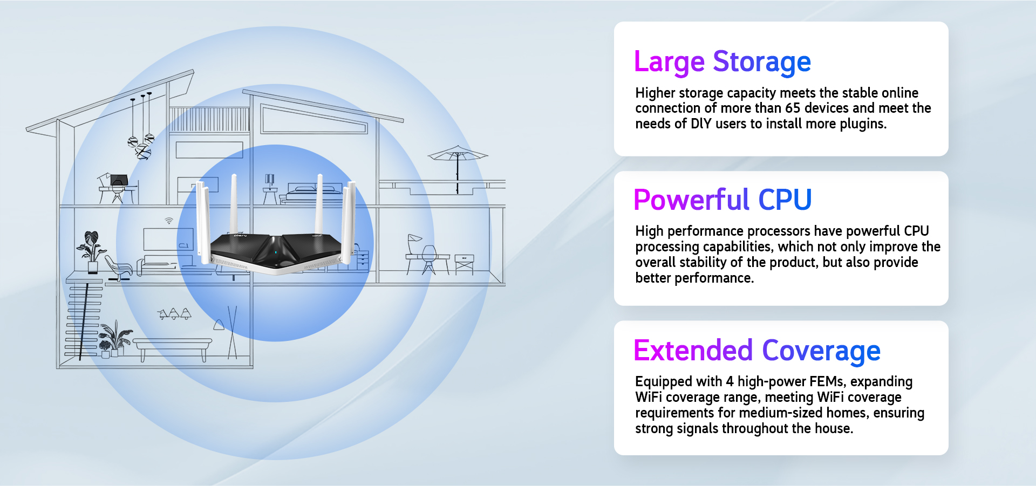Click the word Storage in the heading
(762, 62)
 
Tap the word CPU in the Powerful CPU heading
(785, 200)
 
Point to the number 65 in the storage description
(793, 108)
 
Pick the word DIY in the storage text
(701, 124)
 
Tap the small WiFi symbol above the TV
(169, 221)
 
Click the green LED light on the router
(276, 252)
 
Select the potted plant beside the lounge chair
(91, 251)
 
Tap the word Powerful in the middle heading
(692, 200)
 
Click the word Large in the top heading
(669, 62)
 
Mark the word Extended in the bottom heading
(693, 351)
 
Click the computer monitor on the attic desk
(119, 180)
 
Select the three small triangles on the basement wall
(174, 314)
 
